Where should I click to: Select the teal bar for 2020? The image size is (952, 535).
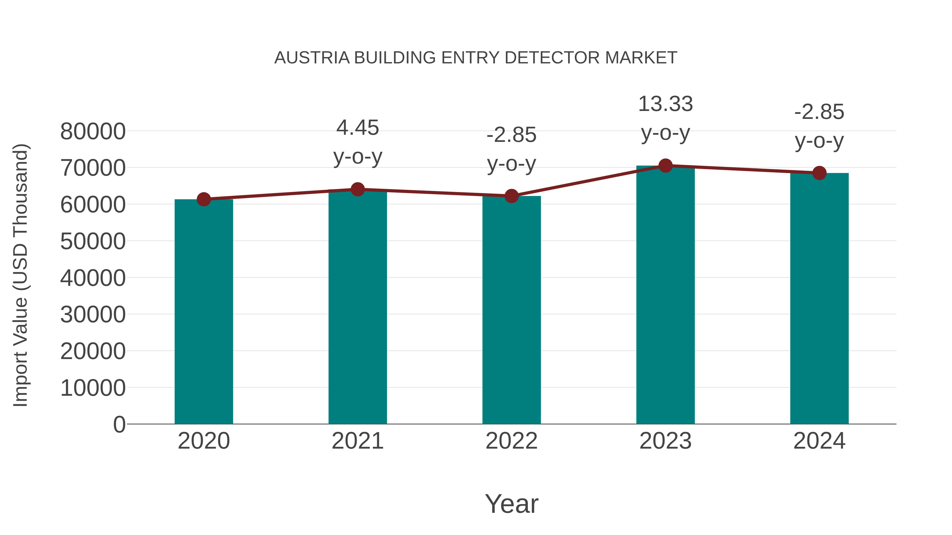click(204, 312)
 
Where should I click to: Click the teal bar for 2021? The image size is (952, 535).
click(357, 306)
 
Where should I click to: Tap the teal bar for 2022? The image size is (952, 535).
click(511, 310)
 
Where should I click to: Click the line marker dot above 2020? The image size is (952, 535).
click(204, 199)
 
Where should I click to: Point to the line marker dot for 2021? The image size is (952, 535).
click(357, 189)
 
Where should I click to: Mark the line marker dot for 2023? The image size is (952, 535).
click(665, 166)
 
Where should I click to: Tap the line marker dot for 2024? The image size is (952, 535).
click(819, 173)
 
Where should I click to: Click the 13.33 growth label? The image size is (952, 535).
click(665, 104)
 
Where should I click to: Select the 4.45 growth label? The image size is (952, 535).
click(357, 128)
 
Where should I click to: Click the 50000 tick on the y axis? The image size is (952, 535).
click(93, 241)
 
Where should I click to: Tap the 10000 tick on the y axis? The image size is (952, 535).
click(93, 388)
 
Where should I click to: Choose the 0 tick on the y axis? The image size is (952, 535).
click(119, 424)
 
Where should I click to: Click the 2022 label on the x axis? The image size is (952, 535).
click(511, 441)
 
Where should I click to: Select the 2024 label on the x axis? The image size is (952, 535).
click(819, 441)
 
